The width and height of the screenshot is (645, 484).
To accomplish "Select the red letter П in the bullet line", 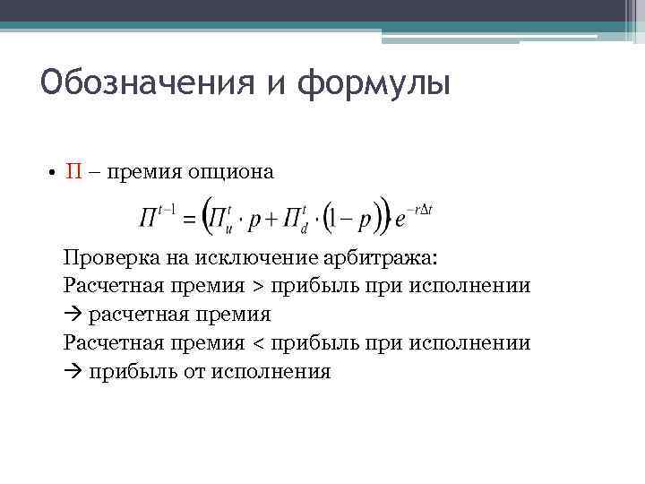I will (74, 172).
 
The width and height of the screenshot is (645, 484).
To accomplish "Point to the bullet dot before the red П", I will (55, 173).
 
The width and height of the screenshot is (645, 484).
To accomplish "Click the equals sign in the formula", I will (189, 219).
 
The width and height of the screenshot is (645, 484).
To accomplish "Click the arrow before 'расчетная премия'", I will (72, 315).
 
